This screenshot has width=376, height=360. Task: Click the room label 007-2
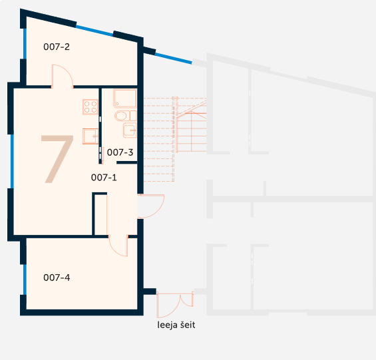coord(57,47)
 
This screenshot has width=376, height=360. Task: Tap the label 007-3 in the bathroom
coord(120,152)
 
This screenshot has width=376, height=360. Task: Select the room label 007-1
coord(104,178)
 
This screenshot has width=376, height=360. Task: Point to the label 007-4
coord(57,277)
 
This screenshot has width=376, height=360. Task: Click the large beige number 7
coord(57,159)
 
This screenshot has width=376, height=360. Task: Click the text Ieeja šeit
coord(176,325)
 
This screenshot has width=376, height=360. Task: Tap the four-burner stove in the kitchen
coord(91,106)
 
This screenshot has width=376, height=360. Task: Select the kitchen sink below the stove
coord(91,136)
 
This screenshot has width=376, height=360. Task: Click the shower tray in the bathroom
coord(124,98)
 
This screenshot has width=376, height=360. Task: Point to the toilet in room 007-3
coord(125,116)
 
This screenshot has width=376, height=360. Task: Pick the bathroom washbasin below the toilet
coord(130,130)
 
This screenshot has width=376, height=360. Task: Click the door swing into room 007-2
coord(63,77)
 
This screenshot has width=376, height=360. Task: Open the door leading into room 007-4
coord(118,246)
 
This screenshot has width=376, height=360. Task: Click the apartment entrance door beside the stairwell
coord(151,206)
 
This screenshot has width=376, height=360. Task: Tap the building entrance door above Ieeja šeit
coord(175,305)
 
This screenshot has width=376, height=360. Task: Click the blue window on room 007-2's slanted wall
coord(94,31)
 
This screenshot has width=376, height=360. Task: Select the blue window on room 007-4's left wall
coord(25,279)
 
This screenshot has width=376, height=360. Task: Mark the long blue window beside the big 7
coord(12,161)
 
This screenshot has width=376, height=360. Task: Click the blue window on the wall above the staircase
coord(174,59)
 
